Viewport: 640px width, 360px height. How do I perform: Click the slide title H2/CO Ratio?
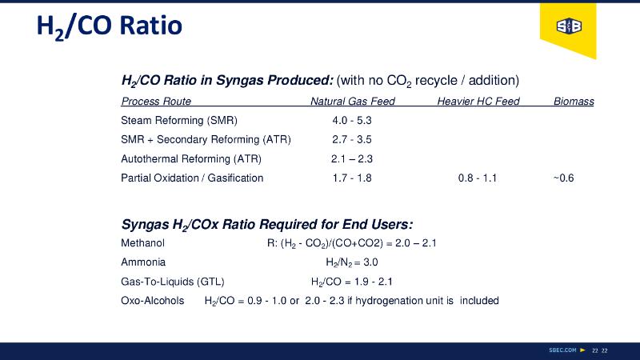point(110,26)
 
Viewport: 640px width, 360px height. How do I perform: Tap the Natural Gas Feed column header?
point(352,102)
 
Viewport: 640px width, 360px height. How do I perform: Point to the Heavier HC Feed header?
point(478,102)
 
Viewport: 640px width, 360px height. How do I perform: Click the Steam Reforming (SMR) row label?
point(179,121)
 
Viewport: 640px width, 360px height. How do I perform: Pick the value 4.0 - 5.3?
point(352,121)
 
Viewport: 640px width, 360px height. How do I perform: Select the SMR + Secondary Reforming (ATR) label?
point(206,139)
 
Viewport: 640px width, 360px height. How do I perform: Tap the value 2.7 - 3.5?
point(352,139)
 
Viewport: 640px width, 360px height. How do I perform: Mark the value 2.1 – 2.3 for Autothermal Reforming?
point(352,158)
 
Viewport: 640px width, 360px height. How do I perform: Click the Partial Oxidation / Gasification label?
point(192,178)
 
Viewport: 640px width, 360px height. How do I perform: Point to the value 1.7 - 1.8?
point(352,178)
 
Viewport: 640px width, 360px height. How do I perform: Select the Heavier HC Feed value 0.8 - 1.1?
point(478,178)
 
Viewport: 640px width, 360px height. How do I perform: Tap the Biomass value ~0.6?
point(563,178)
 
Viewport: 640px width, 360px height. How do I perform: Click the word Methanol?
point(142,242)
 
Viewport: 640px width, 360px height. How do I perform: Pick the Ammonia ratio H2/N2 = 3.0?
point(351,262)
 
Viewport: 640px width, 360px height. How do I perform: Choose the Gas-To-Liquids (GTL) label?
point(172,281)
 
